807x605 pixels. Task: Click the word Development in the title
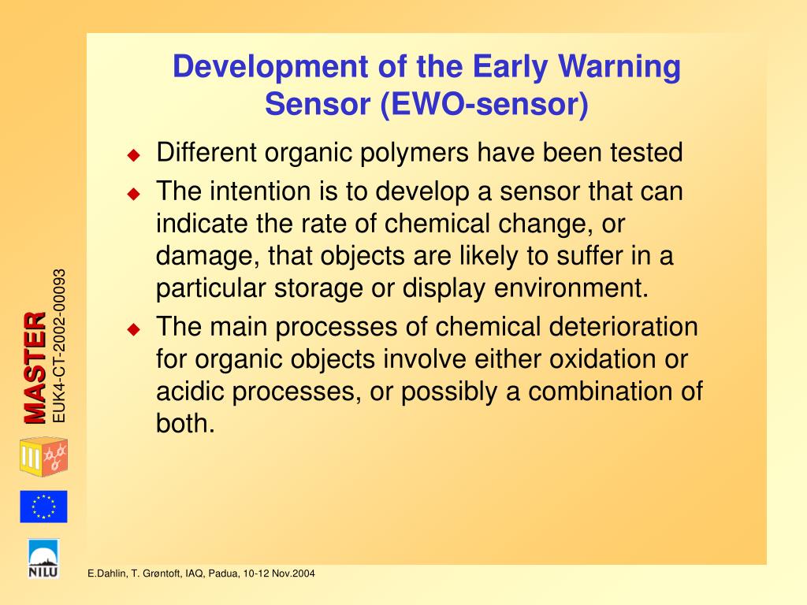(270, 68)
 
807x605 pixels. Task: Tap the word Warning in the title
(619, 68)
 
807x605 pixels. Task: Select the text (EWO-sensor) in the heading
(485, 105)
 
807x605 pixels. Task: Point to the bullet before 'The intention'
(134, 194)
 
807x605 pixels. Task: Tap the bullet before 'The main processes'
(134, 329)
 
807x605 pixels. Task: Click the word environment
(571, 288)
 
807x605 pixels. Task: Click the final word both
(185, 423)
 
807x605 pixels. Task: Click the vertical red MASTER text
(35, 367)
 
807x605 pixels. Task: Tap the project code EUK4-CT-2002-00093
(59, 347)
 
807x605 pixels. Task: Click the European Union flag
(44, 507)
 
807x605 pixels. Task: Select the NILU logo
(44, 559)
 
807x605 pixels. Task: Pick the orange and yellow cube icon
(44, 456)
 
